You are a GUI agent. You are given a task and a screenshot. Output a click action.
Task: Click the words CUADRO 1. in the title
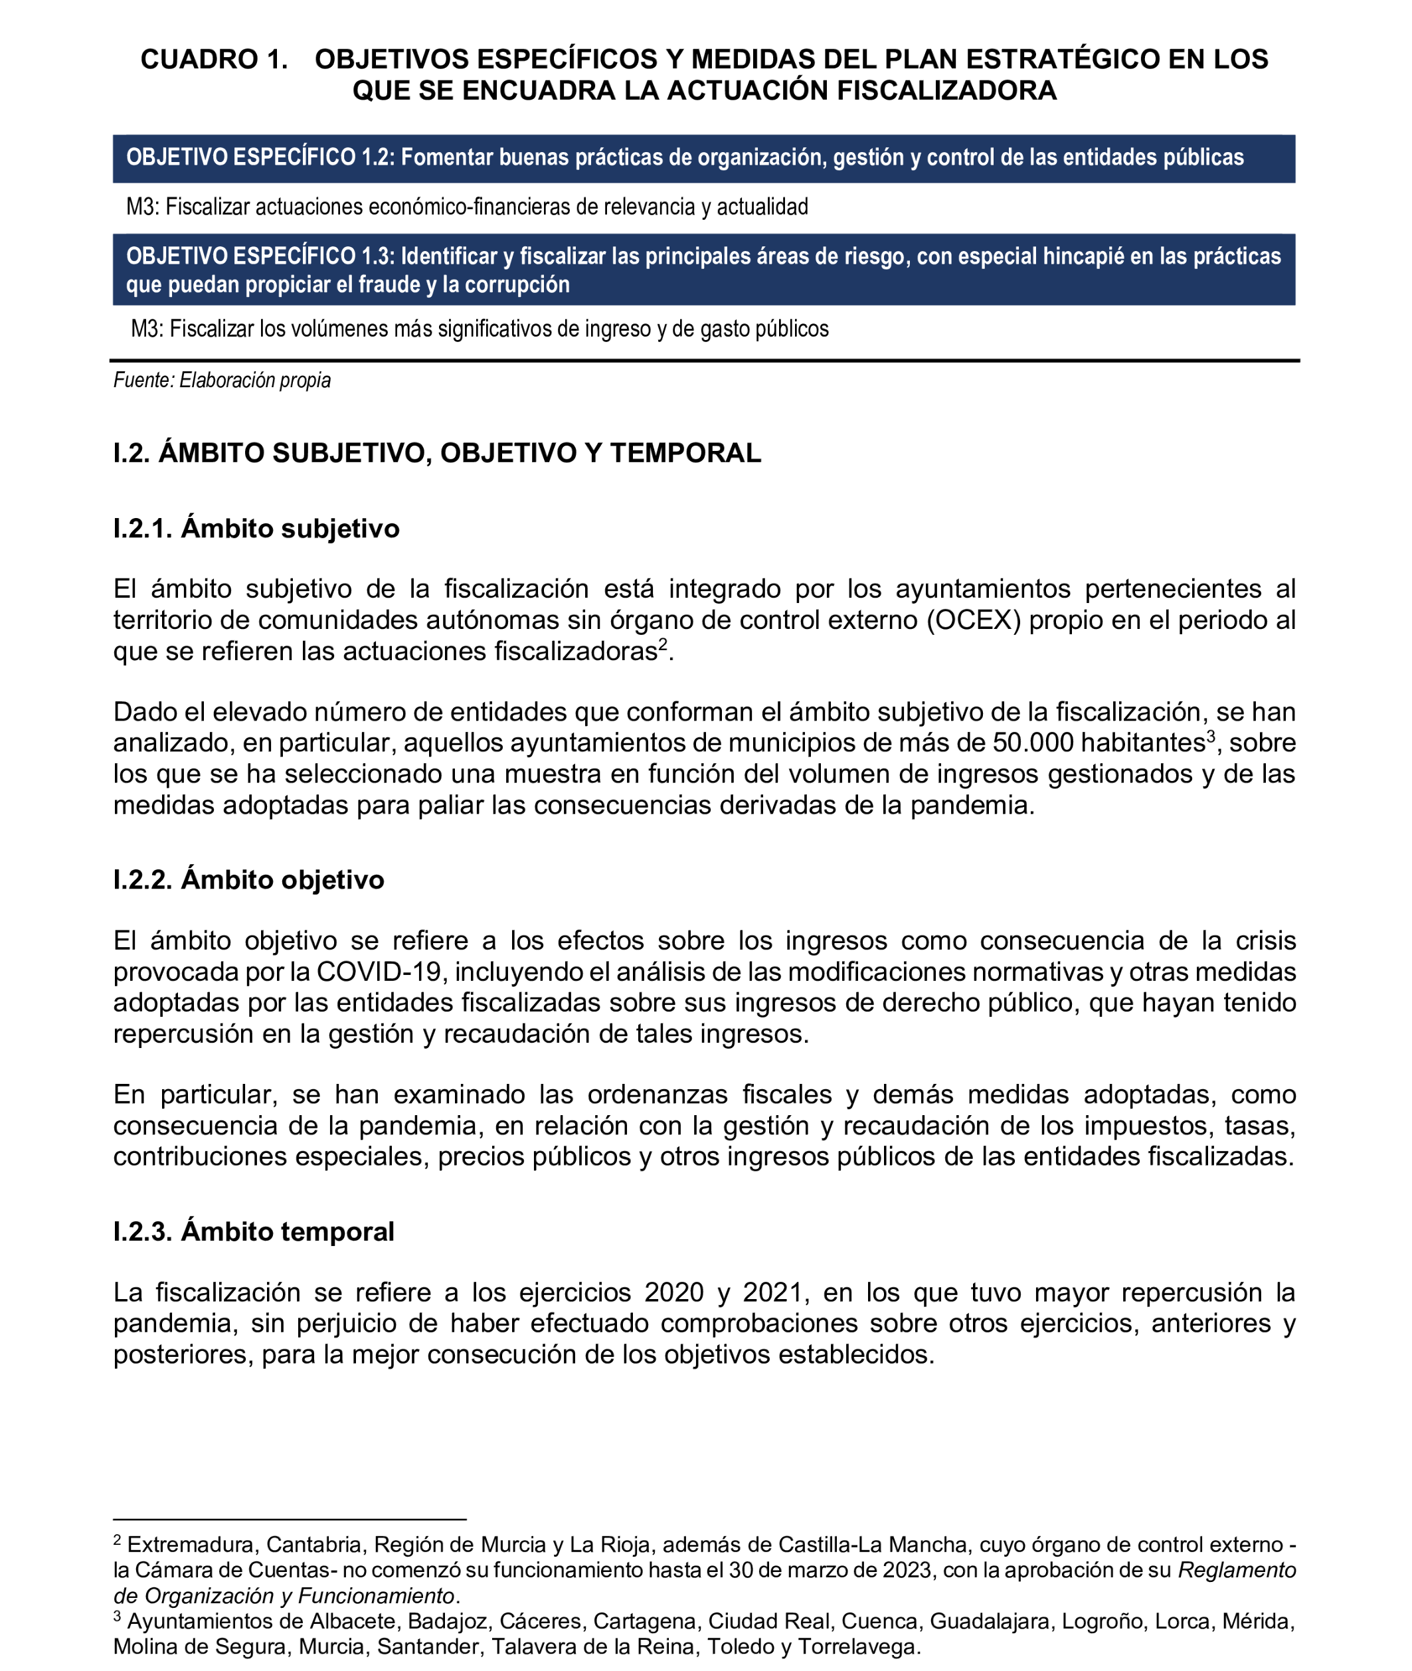coord(214,60)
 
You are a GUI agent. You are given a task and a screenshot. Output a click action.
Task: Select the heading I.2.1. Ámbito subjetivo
coord(256,528)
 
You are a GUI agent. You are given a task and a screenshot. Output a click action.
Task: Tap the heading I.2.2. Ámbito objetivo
coord(248,879)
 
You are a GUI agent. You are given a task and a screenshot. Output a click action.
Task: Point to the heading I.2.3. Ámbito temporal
coord(253,1231)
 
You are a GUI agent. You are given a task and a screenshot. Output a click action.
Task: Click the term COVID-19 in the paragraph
coord(379,972)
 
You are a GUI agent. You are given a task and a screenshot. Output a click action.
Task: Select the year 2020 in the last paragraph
coord(674,1292)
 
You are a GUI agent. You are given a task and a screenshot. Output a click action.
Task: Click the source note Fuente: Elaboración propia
coord(222,380)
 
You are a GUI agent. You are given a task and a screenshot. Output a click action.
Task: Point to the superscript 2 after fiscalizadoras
coord(663,644)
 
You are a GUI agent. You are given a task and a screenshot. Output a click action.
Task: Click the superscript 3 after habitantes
coord(1211,737)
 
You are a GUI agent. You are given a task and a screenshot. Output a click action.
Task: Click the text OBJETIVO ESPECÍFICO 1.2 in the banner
coord(258,157)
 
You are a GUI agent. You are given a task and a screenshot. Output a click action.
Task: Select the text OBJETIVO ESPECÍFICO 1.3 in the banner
coord(258,256)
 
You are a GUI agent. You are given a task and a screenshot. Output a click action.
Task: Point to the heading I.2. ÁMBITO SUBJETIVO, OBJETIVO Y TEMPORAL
coord(436,453)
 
